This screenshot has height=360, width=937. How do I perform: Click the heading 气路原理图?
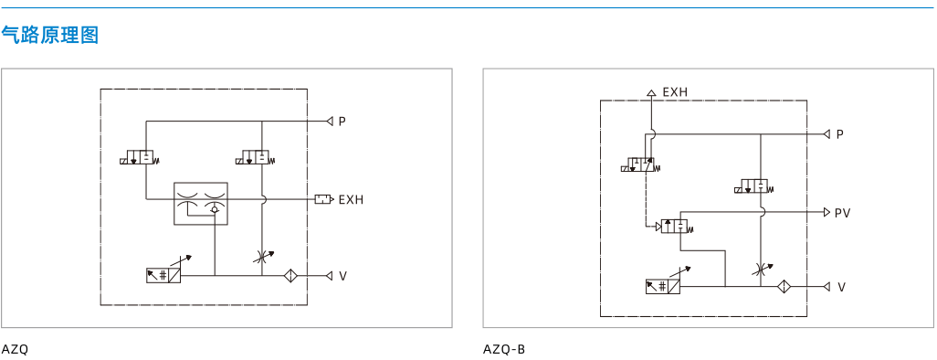tap(49, 36)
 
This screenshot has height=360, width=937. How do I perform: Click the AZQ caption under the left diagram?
tap(15, 350)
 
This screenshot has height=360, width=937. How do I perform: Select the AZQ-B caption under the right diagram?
tap(504, 350)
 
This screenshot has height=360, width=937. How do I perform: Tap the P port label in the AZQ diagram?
tap(342, 122)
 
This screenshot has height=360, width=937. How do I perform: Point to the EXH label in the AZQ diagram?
tap(351, 200)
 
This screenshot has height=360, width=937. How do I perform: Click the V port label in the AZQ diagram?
tap(343, 276)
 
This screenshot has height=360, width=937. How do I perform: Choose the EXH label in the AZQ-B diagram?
tap(675, 92)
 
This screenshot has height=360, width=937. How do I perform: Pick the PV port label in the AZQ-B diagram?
tap(843, 213)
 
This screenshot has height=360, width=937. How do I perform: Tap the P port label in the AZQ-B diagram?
tap(839, 134)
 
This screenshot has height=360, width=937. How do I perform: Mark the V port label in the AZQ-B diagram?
tap(841, 288)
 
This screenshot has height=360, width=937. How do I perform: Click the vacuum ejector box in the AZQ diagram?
tap(201, 204)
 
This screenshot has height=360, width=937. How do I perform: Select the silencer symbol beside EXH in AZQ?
tap(324, 199)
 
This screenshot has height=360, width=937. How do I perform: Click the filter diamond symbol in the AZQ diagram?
tap(291, 276)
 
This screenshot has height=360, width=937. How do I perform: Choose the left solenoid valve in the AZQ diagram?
tap(140, 158)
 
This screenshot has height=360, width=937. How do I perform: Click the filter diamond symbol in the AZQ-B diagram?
tap(784, 287)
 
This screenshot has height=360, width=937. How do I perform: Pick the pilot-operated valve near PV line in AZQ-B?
tap(675, 227)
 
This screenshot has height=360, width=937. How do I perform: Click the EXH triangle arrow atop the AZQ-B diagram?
tap(651, 92)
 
